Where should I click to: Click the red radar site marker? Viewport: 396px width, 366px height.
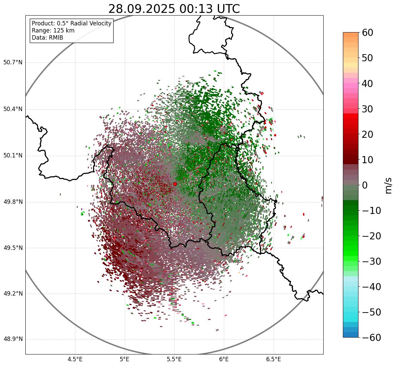click(x=175, y=184)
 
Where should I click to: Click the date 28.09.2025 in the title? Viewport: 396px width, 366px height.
click(x=141, y=9)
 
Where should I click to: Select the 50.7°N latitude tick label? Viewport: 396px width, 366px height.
click(x=13, y=62)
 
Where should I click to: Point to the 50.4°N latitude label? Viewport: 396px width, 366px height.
click(x=13, y=109)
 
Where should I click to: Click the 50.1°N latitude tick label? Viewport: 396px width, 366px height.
click(x=13, y=155)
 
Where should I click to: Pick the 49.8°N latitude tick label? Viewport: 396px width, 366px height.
click(x=13, y=202)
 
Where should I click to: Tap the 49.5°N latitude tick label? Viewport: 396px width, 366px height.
click(x=13, y=248)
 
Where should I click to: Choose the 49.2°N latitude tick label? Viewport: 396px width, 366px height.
click(x=13, y=294)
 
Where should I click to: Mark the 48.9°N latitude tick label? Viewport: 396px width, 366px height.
click(x=13, y=339)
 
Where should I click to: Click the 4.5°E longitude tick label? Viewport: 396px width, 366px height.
click(x=75, y=359)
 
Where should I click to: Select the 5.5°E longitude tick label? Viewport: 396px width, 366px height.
click(x=174, y=359)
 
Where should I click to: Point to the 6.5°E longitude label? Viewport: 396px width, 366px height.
click(x=273, y=359)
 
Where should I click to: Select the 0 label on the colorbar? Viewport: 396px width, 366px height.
click(x=365, y=185)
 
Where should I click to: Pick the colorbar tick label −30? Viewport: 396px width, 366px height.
click(x=371, y=261)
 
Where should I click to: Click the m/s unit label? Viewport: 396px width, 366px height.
click(x=389, y=185)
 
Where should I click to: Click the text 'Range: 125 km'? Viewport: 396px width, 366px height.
click(x=53, y=30)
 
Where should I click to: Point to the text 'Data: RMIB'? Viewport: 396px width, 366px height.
click(x=47, y=38)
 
